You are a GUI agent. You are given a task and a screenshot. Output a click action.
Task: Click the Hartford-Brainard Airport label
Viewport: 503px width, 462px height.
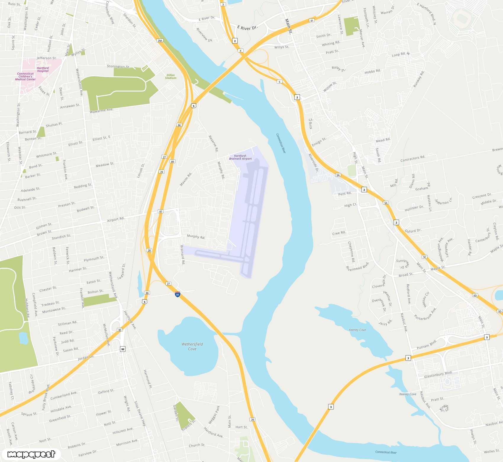[x=240, y=157]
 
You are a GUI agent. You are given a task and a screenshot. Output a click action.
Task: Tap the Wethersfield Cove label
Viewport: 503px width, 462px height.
[x=192, y=346]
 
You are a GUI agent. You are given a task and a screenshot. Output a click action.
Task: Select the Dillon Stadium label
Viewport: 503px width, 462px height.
[x=171, y=77]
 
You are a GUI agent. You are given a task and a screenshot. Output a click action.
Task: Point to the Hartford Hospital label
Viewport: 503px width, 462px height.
[x=43, y=69]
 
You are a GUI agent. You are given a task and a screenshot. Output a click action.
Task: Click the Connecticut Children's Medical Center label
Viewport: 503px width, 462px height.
[x=25, y=76]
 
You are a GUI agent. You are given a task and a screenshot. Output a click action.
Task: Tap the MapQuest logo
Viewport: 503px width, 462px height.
[x=31, y=454]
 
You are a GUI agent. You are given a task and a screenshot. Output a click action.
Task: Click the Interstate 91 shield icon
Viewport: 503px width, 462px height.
[x=178, y=294]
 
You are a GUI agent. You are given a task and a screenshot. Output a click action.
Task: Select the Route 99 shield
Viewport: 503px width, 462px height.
[x=123, y=349]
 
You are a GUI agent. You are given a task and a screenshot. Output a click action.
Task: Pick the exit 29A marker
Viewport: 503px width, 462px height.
[x=160, y=41]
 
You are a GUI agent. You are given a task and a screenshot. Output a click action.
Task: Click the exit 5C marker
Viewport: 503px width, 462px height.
[x=425, y=257]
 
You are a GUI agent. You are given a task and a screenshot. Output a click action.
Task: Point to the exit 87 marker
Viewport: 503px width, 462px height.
[x=161, y=211]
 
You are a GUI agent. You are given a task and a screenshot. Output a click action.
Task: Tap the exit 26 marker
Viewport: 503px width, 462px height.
[x=252, y=419]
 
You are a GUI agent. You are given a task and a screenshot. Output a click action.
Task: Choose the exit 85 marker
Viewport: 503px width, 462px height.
[x=120, y=330]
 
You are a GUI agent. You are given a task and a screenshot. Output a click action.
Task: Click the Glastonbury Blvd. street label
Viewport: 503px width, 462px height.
[x=438, y=375]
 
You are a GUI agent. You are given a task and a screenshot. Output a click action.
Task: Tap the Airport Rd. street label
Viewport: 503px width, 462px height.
[x=116, y=219]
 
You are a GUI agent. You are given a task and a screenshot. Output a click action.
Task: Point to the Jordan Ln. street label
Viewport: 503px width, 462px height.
[x=86, y=357]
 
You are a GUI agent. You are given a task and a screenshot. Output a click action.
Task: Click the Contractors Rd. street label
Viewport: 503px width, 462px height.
[x=413, y=159]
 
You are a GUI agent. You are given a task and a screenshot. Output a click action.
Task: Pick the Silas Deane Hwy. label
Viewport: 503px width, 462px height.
[x=140, y=414]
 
